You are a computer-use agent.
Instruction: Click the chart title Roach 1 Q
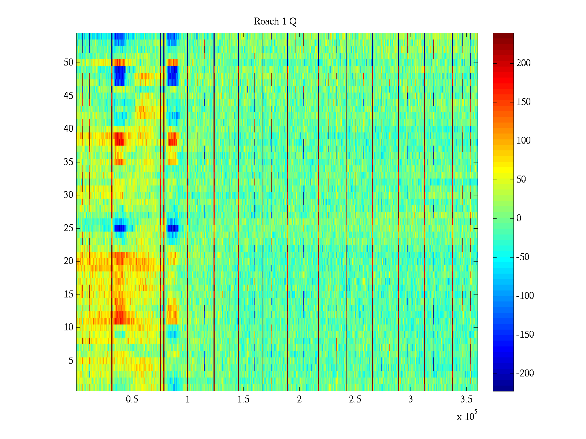pyautogui.click(x=275, y=22)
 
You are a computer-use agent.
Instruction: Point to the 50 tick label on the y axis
pyautogui.click(x=68, y=63)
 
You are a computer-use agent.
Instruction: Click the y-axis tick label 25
pyautogui.click(x=68, y=228)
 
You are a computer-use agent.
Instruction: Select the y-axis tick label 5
pyautogui.click(x=71, y=361)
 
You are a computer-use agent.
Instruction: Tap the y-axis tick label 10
pyautogui.click(x=68, y=327)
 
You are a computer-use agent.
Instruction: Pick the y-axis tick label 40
pyautogui.click(x=68, y=129)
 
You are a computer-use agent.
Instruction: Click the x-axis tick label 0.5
pyautogui.click(x=132, y=399)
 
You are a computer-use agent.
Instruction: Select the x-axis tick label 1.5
pyautogui.click(x=243, y=399)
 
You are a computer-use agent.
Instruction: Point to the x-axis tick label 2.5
pyautogui.click(x=355, y=399)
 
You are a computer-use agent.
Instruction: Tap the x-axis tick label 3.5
pyautogui.click(x=466, y=399)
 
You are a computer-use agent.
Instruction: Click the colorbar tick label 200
pyautogui.click(x=523, y=63)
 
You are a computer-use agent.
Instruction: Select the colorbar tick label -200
pyautogui.click(x=525, y=374)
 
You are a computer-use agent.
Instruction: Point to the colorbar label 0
pyautogui.click(x=519, y=218)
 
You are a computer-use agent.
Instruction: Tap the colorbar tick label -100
pyautogui.click(x=525, y=296)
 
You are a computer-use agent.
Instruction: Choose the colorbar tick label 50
pyautogui.click(x=521, y=180)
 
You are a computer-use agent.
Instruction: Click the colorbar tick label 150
pyautogui.click(x=523, y=102)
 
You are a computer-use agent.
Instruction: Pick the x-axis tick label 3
pyautogui.click(x=410, y=399)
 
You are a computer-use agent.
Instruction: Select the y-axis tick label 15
pyautogui.click(x=68, y=294)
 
